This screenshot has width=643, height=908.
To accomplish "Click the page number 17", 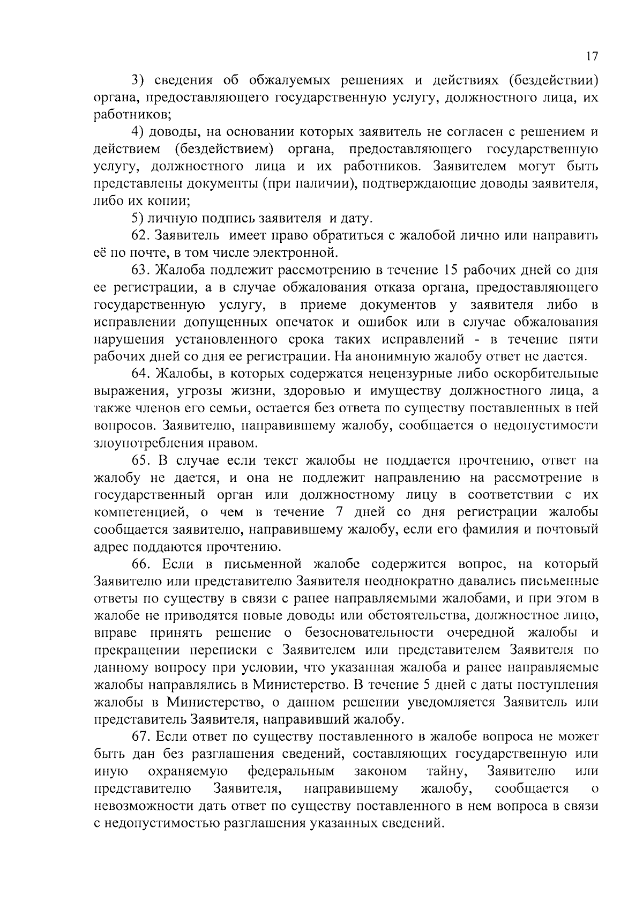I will click(592, 57).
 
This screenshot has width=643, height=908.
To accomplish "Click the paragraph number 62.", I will click(140, 235).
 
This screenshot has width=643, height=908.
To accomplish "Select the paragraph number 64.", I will click(140, 374).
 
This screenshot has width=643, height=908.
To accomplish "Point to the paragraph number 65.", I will click(140, 460).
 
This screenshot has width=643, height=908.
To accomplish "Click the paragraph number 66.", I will click(140, 564).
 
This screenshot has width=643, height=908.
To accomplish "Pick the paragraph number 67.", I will click(140, 736).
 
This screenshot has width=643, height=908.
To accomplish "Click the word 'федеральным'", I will click(291, 771).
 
